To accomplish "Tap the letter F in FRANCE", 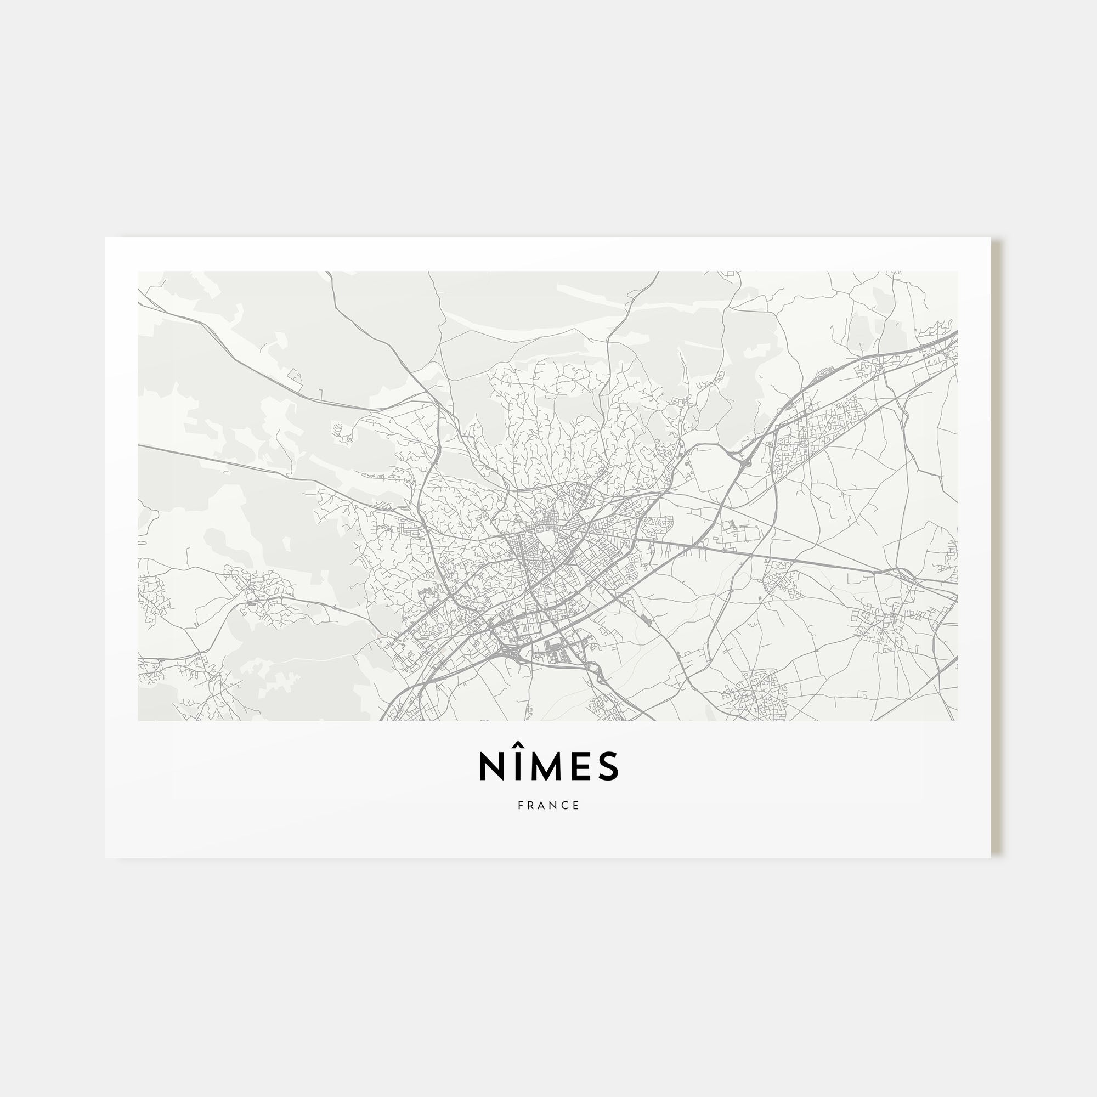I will tap(520, 806).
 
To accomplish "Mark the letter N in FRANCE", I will tap(555, 806).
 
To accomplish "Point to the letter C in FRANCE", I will tap(566, 806).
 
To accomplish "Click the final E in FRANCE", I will tap(577, 806).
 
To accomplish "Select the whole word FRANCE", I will tap(548, 806).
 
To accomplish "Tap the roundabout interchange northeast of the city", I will tap(745, 463).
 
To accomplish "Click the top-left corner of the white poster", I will tap(106, 238).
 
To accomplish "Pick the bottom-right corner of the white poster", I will tap(991, 858).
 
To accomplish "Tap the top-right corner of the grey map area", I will tap(957, 272).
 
